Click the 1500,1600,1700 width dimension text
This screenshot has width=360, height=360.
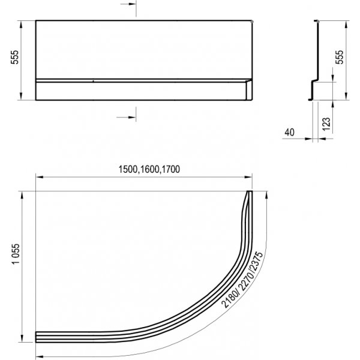tap(143, 169)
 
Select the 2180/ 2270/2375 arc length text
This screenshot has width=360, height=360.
tap(241, 280)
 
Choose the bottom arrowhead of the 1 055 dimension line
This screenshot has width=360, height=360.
tap(23, 341)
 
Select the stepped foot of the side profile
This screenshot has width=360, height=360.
tap(312, 90)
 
